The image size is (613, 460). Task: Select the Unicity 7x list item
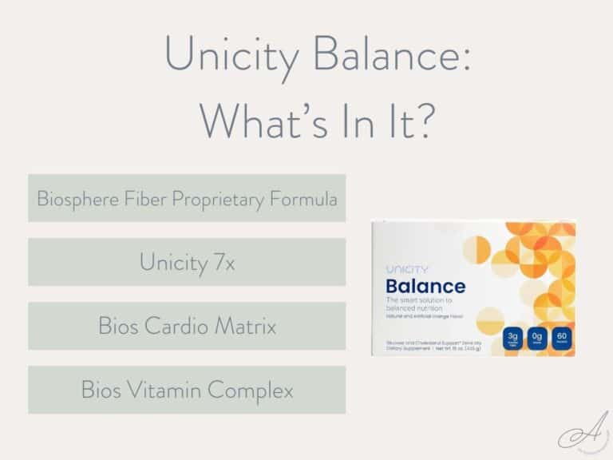point(187,261)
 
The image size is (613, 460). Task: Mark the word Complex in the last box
point(255,390)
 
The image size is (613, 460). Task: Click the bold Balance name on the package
point(425,286)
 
